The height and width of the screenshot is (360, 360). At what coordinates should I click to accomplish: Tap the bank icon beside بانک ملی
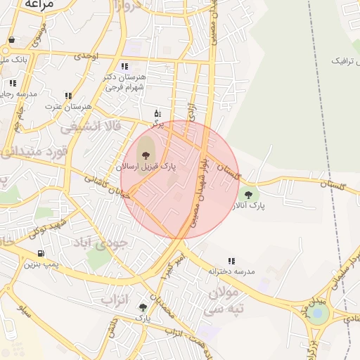11,41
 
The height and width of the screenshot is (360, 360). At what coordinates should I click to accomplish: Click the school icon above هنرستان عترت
68,96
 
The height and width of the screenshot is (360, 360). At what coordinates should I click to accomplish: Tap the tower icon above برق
157,112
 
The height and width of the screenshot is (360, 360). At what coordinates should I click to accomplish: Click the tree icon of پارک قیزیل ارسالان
146,155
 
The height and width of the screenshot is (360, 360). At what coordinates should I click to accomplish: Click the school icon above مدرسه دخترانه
231,261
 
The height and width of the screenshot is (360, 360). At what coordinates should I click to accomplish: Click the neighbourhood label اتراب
116,300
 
